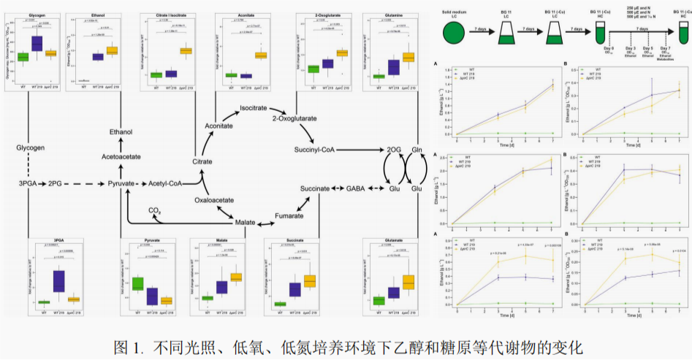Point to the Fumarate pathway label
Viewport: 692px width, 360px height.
(289, 216)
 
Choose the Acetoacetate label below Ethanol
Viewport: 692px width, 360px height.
(121, 155)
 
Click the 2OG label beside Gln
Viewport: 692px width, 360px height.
(394, 150)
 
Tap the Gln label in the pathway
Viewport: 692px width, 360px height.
(418, 150)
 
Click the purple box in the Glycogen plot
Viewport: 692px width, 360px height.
(37, 45)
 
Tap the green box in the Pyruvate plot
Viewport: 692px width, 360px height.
(137, 283)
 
